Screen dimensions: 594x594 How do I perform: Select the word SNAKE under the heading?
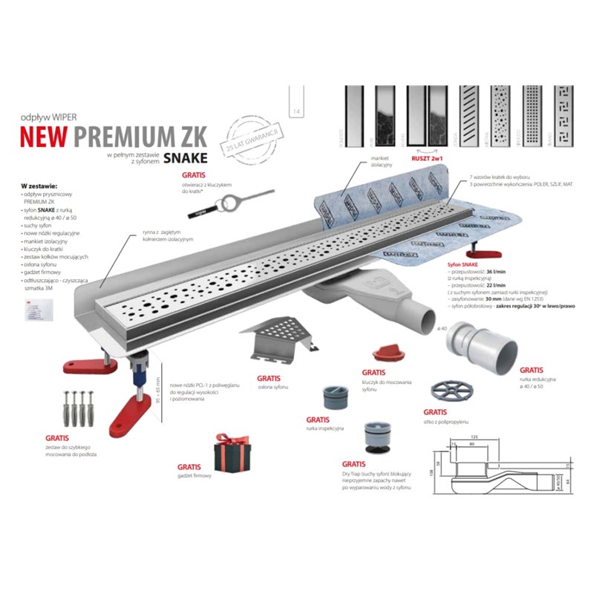[183, 157]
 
